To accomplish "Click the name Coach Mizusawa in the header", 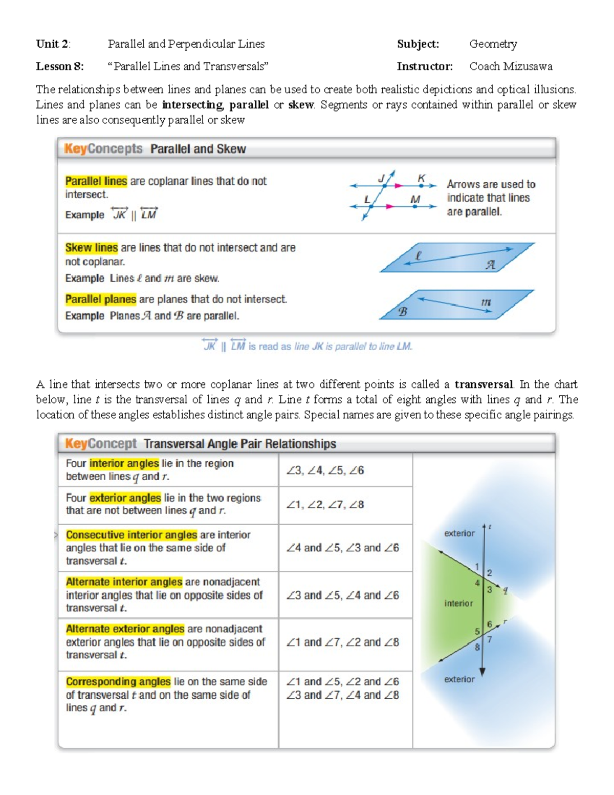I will pos(511,67).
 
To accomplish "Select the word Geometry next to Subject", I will pos(493,44).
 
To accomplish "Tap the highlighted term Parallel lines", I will pos(96,181).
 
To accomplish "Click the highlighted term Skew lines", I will pos(91,248).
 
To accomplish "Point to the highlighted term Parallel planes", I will pos(100,299).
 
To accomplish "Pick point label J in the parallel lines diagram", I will pos(381,179).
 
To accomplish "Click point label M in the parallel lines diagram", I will pos(415,200).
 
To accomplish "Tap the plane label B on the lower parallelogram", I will pos(403,311).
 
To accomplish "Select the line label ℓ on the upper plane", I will pos(418,256).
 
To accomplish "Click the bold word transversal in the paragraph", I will pos(483,384).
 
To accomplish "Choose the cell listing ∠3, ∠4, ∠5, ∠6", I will pos(325,470).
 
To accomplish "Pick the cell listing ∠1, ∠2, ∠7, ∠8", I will pos(325,505).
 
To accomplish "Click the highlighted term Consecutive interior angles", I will pos(131,535).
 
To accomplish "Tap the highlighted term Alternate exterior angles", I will pos(125,629).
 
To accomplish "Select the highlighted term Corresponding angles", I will pos(118,681).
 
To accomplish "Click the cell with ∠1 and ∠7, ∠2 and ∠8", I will pos(342,642).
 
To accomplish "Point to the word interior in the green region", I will pos(458,604).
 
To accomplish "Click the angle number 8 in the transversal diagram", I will pos(477,647).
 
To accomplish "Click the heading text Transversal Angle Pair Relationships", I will pos(239,444).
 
